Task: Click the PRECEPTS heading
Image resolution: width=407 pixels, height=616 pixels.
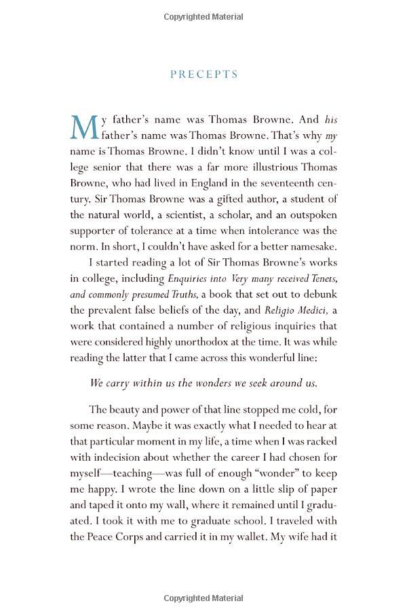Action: (x=203, y=74)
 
